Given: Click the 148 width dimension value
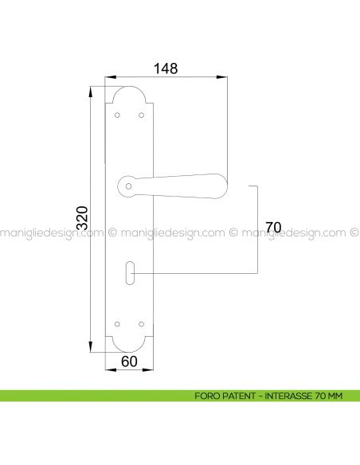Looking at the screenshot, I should pos(165,68).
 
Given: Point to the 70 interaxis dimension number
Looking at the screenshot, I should pos(273,228).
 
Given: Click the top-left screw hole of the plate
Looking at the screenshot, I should pos(118,115).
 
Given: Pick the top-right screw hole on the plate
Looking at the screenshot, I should pos(142,115).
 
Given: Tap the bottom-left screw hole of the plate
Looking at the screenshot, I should pos(118,324).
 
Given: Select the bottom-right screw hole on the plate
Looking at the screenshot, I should pos(142,324).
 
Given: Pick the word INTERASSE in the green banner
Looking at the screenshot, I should pos(288,396).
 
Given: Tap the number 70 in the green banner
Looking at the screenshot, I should pos(319,396).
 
